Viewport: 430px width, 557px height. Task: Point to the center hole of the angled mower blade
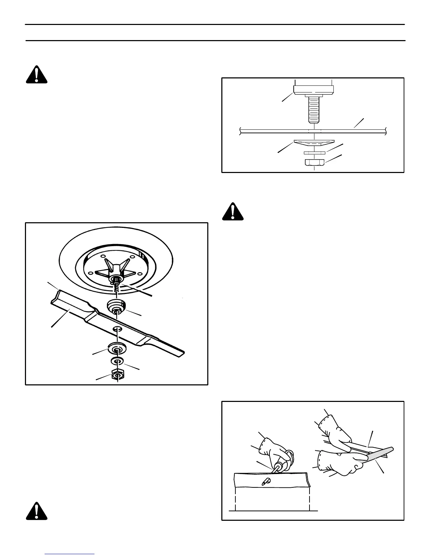click(117, 328)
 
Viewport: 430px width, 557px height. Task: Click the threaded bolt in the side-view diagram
click(314, 109)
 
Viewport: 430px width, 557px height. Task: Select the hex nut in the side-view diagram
click(314, 162)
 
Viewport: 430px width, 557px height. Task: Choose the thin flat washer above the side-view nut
click(314, 153)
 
